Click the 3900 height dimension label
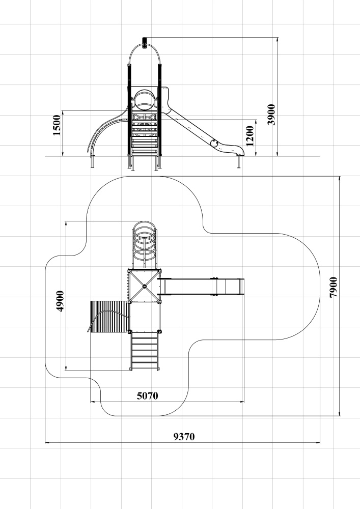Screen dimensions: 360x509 pyautogui.click(x=271, y=114)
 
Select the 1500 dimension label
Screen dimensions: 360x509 pyautogui.click(x=57, y=125)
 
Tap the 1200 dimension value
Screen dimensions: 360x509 pyautogui.click(x=250, y=136)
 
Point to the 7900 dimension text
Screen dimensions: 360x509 pyautogui.click(x=334, y=287)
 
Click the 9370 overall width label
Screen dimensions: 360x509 pyautogui.click(x=184, y=437)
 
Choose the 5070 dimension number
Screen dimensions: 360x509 pyautogui.click(x=147, y=395)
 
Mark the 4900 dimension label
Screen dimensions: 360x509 pyautogui.click(x=60, y=301)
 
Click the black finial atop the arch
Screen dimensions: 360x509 pyautogui.click(x=145, y=43)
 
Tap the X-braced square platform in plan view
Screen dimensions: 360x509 pyautogui.click(x=145, y=286)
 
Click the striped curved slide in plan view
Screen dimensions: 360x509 pyautogui.click(x=109, y=317)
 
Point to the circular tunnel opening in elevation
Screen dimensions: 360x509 pyautogui.click(x=145, y=100)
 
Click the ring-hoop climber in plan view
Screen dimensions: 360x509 pyautogui.click(x=145, y=245)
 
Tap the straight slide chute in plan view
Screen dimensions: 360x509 pyautogui.click(x=201, y=287)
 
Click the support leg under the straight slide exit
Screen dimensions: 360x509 pyautogui.click(x=239, y=161)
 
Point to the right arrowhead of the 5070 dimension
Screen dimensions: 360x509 pyautogui.click(x=242, y=402)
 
